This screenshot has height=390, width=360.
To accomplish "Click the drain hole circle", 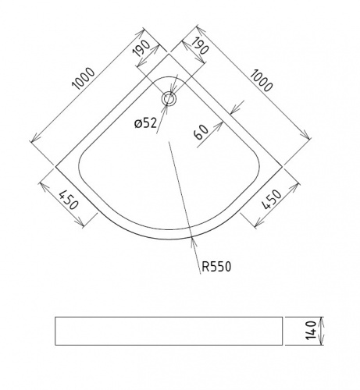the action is click(x=169, y=99).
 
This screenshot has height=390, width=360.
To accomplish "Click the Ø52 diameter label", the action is click(x=146, y=123).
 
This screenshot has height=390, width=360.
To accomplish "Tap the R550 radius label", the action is click(x=216, y=267).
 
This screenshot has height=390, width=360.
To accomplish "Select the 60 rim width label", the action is click(x=201, y=133).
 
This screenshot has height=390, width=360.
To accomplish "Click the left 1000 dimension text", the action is click(x=84, y=79).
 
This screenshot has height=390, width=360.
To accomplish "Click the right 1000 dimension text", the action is click(x=262, y=80).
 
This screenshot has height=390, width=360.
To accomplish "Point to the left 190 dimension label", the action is click(x=142, y=48).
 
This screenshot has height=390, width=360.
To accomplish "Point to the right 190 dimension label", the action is click(x=200, y=45).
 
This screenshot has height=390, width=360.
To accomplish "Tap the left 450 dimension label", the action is click(x=69, y=200).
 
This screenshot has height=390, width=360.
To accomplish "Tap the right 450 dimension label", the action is click(x=272, y=200).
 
